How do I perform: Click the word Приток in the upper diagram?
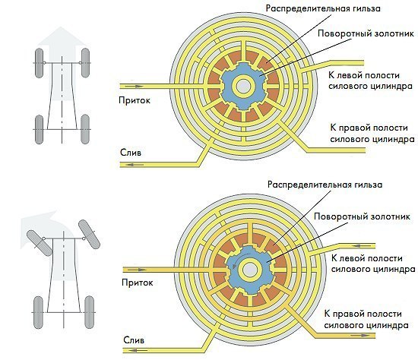[x=135, y=100]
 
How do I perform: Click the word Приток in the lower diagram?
[x=138, y=283]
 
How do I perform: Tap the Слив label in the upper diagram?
[x=131, y=153]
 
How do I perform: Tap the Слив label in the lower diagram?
[x=134, y=340]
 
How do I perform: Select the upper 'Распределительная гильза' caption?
[x=323, y=8]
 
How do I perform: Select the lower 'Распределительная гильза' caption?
[x=325, y=185]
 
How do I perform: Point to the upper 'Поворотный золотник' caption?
[x=366, y=34]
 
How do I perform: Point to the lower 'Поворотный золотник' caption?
[x=362, y=216]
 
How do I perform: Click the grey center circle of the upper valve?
[x=243, y=87]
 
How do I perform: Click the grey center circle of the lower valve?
[x=250, y=270]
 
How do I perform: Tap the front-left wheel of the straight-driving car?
[x=39, y=63]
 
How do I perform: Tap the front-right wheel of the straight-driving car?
[x=85, y=62]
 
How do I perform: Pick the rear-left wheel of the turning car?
[x=38, y=312]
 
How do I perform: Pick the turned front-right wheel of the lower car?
[x=89, y=234]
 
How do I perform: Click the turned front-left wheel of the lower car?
[x=40, y=243]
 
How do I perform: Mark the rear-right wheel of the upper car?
[x=85, y=129]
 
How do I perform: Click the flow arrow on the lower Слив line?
[x=138, y=350]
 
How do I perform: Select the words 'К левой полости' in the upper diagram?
[x=364, y=75]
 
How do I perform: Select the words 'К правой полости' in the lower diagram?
[x=363, y=314]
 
